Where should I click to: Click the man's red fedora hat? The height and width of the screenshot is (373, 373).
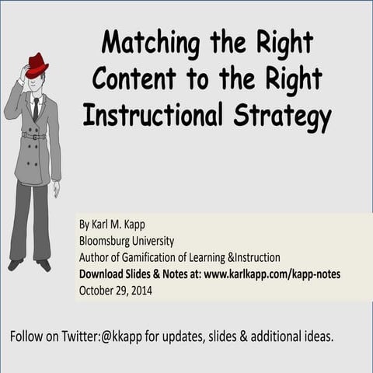click(37, 64)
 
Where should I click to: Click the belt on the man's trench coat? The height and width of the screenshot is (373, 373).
click(33, 136)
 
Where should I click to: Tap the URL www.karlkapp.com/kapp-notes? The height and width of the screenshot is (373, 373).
click(272, 274)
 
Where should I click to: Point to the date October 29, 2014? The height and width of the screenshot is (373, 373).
click(115, 291)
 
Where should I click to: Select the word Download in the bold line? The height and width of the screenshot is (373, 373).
click(104, 274)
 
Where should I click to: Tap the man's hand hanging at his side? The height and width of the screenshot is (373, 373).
click(56, 189)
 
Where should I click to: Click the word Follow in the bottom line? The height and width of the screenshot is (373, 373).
click(27, 337)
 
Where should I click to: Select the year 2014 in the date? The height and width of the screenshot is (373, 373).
click(139, 291)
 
